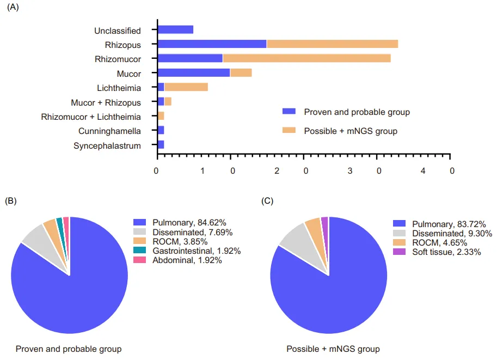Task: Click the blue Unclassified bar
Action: click(175, 30)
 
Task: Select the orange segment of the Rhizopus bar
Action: click(332, 44)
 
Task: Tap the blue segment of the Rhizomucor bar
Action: click(190, 58)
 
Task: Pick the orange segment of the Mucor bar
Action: click(241, 72)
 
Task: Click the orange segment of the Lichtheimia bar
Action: click(186, 87)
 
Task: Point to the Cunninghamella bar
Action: click(161, 130)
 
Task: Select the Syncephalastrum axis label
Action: click(107, 145)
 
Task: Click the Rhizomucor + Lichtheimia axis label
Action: click(91, 117)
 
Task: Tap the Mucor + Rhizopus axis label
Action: click(106, 102)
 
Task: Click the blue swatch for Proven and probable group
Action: click(289, 112)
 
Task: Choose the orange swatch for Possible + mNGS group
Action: click(289, 131)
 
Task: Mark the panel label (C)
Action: click(267, 201)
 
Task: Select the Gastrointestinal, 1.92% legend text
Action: click(197, 251)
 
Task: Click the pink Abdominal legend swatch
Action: click(140, 260)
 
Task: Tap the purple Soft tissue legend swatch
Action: click(400, 252)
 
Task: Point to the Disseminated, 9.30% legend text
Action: click(452, 233)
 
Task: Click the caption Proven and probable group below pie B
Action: click(69, 349)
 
